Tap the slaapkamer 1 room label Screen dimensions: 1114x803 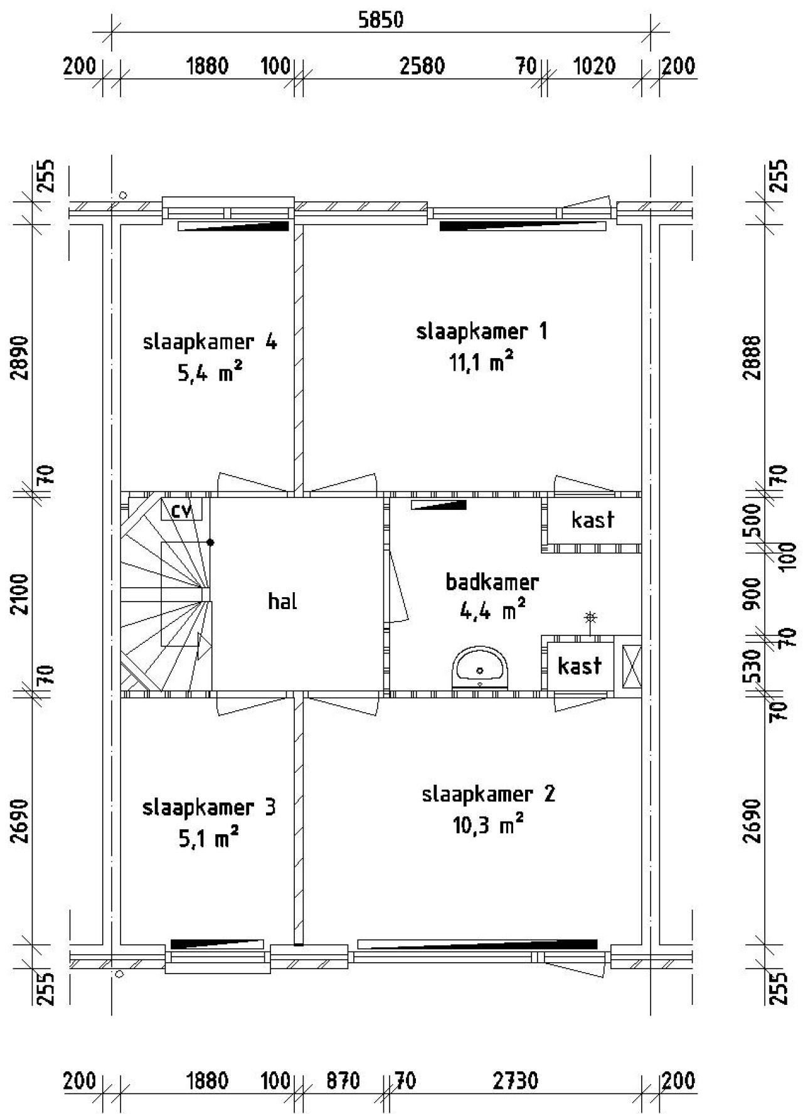[x=482, y=331]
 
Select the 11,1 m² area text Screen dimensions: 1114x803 [x=482, y=362]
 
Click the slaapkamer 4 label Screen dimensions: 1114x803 [x=210, y=342]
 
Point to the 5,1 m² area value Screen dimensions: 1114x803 [x=208, y=839]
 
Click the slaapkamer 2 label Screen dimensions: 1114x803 [x=488, y=795]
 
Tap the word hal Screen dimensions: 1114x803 [x=282, y=602]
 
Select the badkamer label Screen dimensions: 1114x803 [x=492, y=582]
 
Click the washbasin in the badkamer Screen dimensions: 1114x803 [x=481, y=667]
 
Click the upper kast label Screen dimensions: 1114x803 [x=592, y=520]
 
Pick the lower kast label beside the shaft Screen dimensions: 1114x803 [x=579, y=666]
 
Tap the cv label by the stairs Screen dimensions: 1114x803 [x=181, y=511]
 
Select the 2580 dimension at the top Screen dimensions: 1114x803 [x=422, y=66]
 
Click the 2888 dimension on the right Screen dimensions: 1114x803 [x=752, y=358]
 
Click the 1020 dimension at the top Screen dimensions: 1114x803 [x=594, y=66]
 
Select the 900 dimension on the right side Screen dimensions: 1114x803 [x=752, y=593]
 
